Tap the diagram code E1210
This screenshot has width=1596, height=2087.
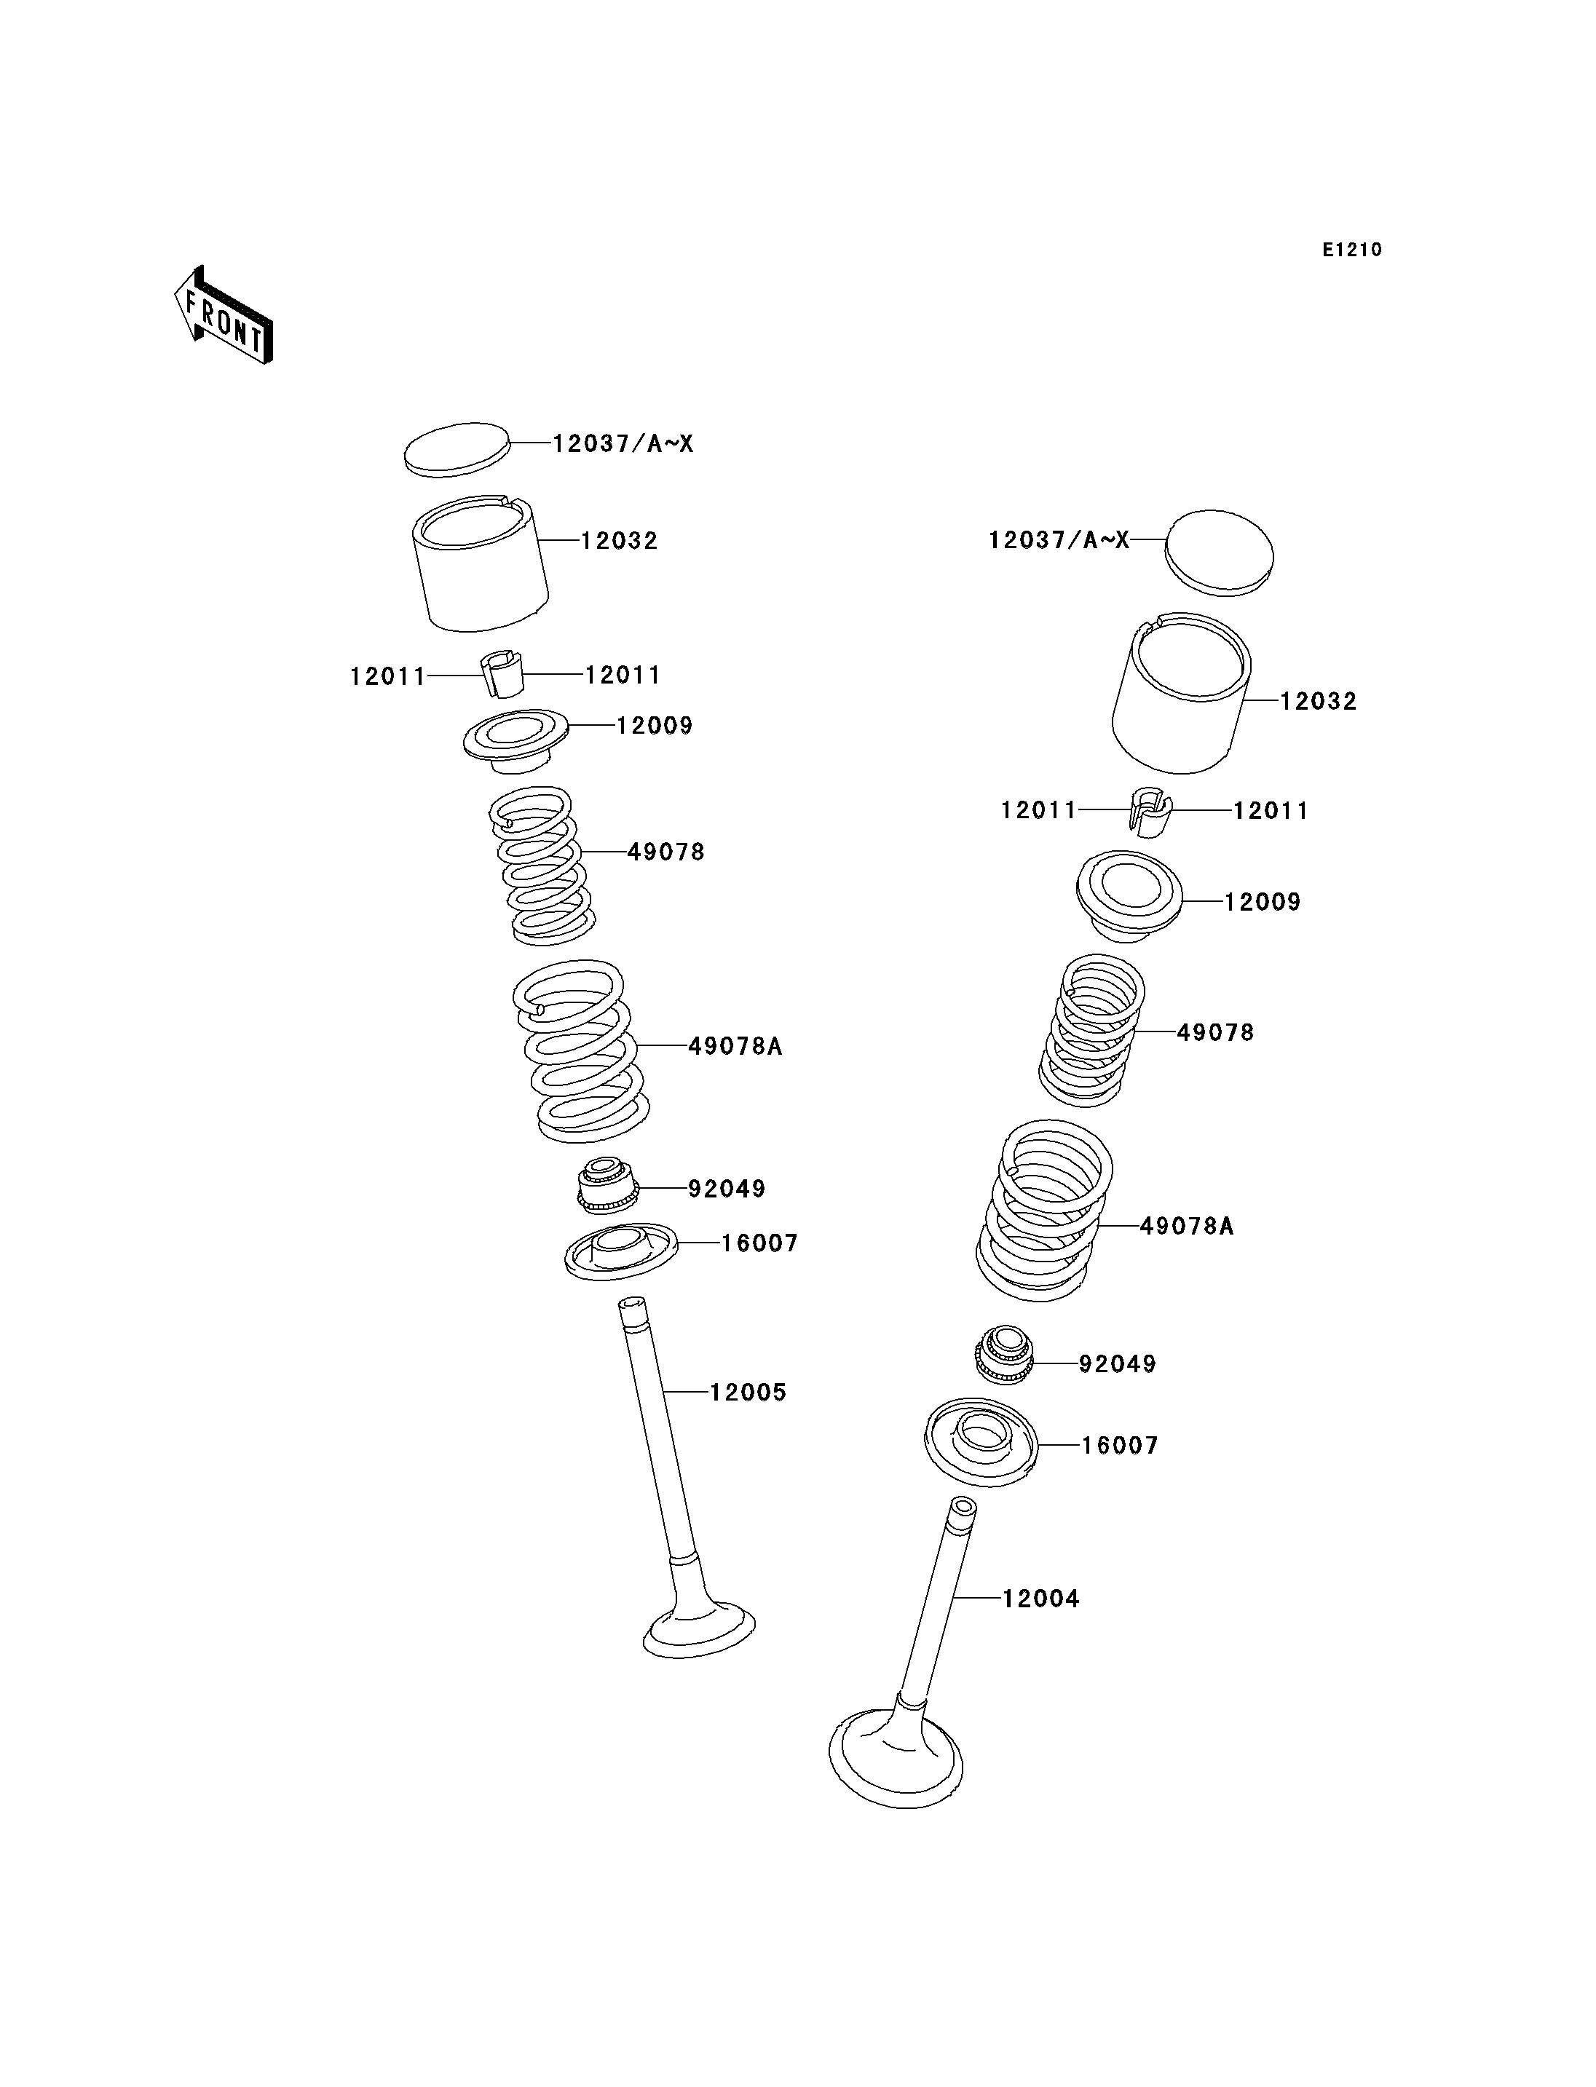coord(1352,250)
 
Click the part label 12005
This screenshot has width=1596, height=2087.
coord(748,1393)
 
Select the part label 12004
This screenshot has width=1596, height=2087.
coord(1041,1599)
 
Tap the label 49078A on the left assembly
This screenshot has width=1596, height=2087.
coord(735,1046)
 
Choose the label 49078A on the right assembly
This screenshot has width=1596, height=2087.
coord(1187,1227)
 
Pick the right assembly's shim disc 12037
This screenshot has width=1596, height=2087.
coord(1220,554)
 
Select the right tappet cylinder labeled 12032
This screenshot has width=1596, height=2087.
coord(1181,692)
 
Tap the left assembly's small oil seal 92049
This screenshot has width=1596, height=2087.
coord(608,1184)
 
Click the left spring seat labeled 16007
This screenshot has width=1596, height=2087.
coord(621,1252)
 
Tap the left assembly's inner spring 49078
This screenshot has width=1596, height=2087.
coord(542,866)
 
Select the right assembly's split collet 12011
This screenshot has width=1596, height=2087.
coord(1150,812)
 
